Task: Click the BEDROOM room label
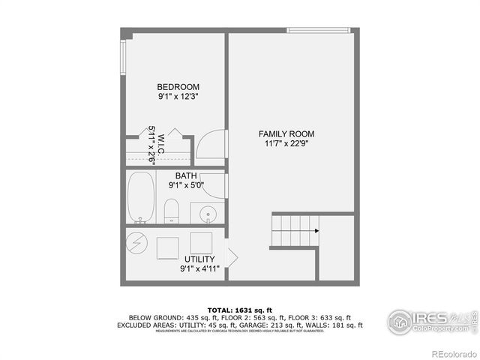[x=178, y=86]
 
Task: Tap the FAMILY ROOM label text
[x=289, y=133]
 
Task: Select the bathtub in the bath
[x=141, y=199]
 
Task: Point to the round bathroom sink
[x=207, y=213]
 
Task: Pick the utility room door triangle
[x=232, y=257]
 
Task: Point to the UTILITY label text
[x=199, y=259]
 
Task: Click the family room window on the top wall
[x=318, y=31]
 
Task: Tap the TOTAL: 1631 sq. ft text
[x=239, y=310]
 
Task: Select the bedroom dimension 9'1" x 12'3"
[x=178, y=96]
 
